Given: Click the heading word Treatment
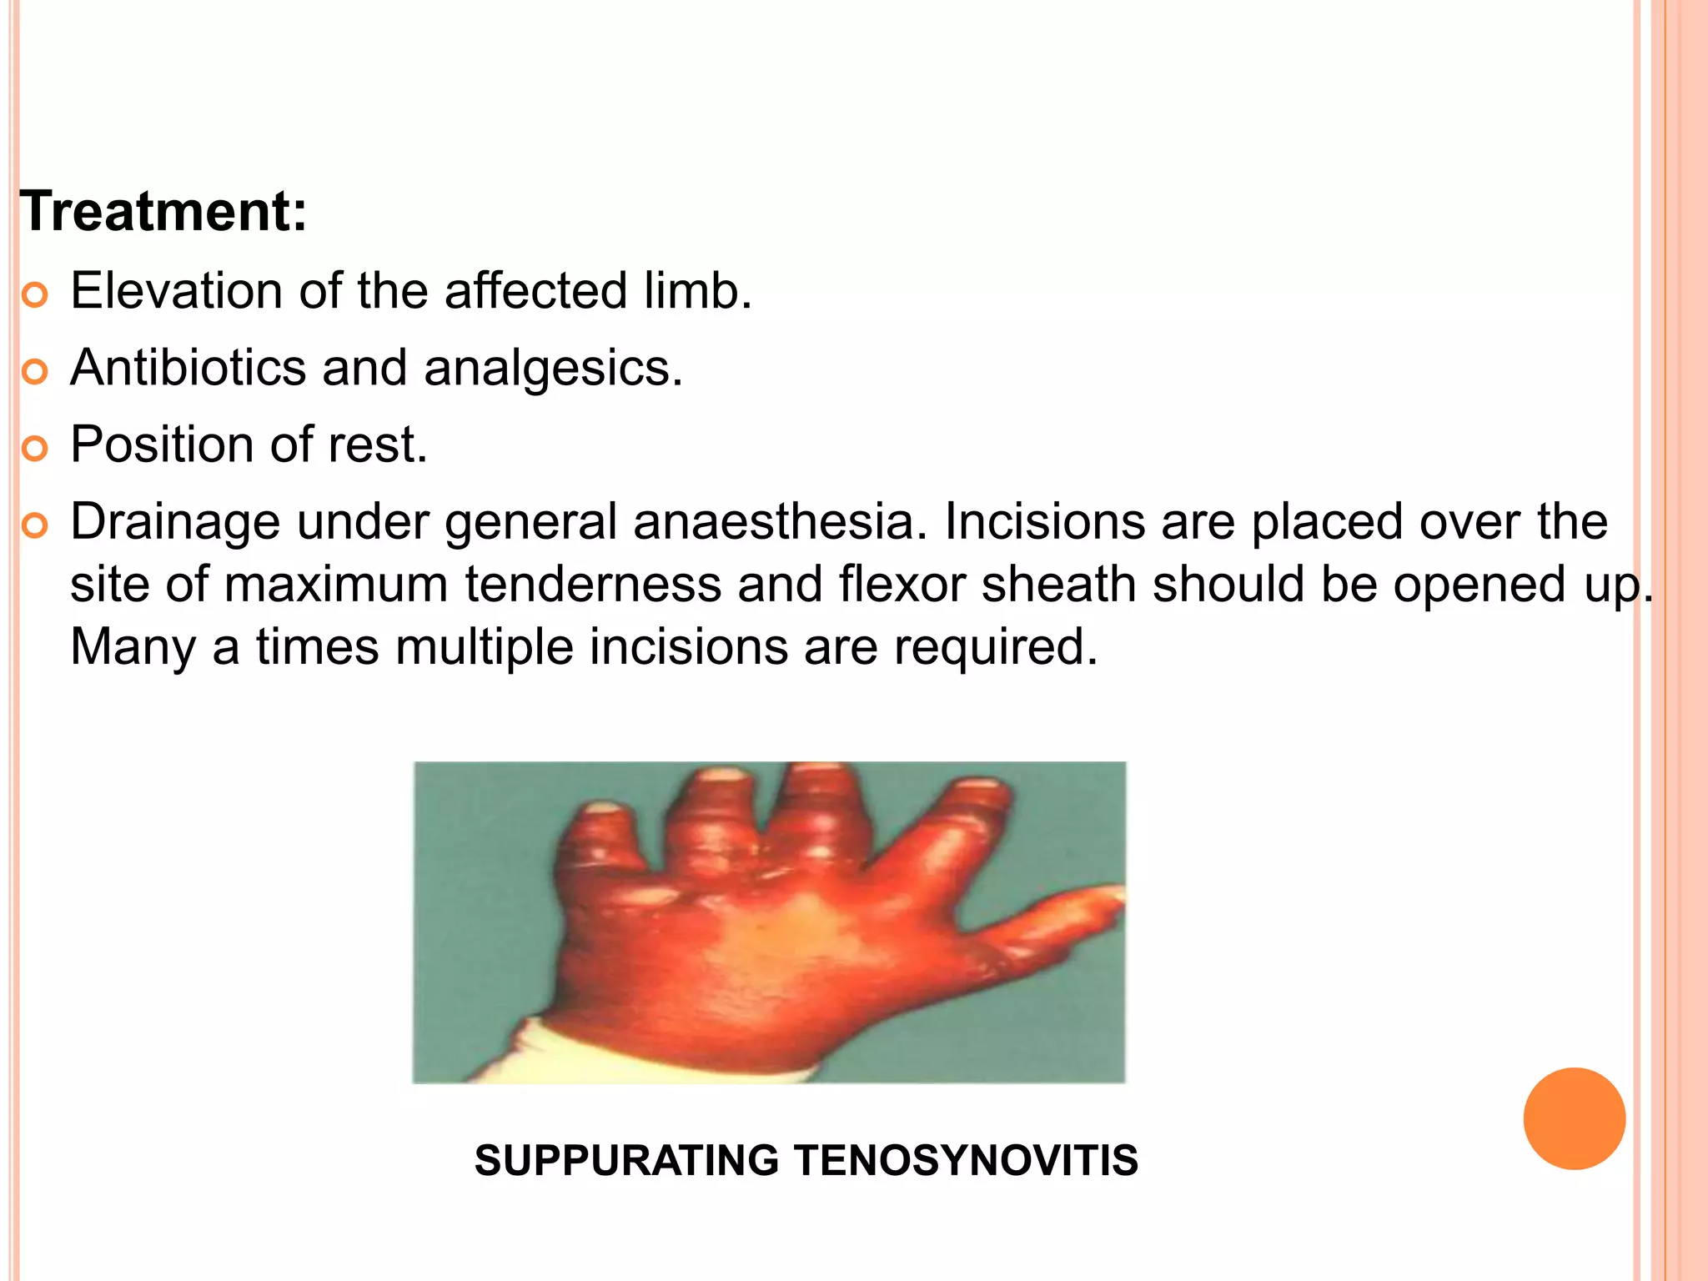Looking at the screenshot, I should click(x=163, y=212).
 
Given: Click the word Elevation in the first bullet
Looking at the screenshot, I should click(x=176, y=291).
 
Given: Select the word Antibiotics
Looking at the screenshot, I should click(x=188, y=368).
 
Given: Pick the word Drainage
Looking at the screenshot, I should click(x=175, y=523).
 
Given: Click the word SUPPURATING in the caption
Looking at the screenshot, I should click(x=626, y=1160).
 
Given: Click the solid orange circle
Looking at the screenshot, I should click(x=1574, y=1118).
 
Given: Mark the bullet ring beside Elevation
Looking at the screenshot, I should click(x=35, y=295).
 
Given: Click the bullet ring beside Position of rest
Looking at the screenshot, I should click(x=35, y=449).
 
